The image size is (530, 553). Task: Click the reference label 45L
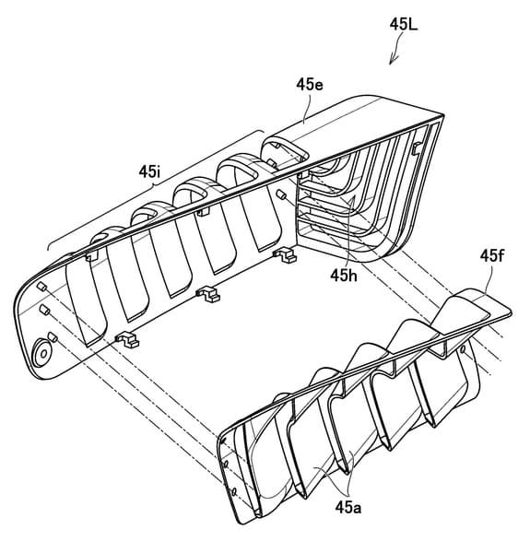[404, 25]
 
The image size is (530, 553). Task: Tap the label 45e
[310, 85]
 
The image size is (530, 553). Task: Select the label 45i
[149, 171]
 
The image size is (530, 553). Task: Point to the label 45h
[344, 276]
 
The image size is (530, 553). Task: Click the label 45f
[492, 256]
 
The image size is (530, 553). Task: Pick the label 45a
[348, 508]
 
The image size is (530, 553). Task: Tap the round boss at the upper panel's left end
[41, 353]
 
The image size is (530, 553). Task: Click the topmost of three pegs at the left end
[42, 287]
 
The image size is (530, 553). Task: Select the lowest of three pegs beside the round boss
[53, 336]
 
